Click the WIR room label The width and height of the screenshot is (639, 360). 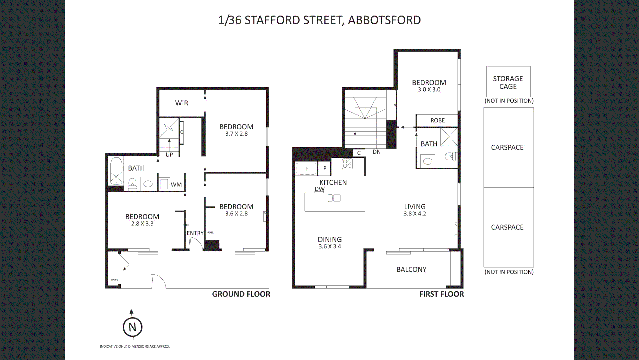182,103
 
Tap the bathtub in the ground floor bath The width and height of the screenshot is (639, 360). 116,170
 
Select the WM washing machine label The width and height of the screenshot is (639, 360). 176,185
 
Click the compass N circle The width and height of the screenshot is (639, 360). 132,327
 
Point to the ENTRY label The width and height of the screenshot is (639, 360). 195,233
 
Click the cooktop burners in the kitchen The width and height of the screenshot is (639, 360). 347,164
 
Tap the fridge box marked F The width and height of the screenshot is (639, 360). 306,169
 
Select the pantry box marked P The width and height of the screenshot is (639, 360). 324,168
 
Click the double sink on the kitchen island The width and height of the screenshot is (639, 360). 334,198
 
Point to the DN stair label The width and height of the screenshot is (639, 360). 376,152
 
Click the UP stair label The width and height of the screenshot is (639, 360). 169,155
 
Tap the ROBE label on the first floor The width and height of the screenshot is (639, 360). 437,120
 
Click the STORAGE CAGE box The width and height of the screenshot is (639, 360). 508,82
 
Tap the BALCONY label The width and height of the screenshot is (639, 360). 411,269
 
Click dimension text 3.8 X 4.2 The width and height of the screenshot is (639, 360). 415,214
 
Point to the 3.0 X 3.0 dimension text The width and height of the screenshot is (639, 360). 429,90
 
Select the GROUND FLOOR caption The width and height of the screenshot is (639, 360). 241,294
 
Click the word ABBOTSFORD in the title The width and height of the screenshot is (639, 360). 384,20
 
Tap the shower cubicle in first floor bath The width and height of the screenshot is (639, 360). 449,137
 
